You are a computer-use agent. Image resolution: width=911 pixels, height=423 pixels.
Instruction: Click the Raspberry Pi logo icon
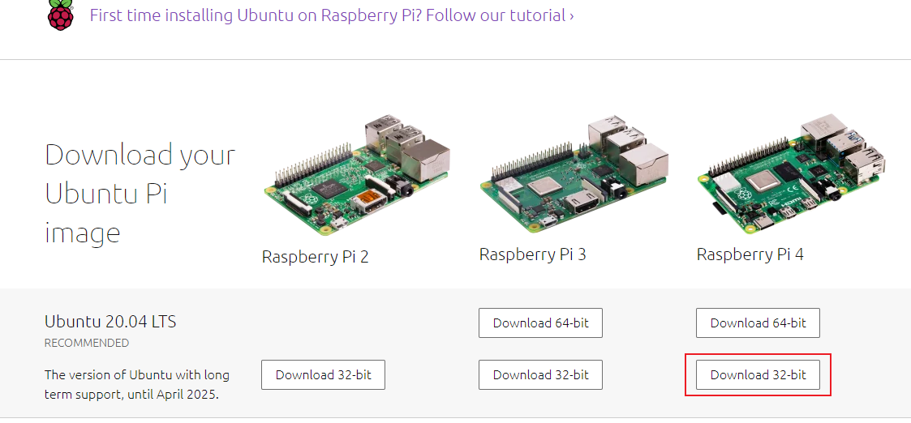(x=59, y=15)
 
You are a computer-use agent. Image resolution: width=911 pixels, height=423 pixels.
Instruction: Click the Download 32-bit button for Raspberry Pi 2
(x=323, y=374)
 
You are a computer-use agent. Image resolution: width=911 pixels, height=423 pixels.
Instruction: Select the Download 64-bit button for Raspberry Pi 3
(x=540, y=323)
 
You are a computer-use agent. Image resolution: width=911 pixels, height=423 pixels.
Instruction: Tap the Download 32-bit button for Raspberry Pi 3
(x=540, y=374)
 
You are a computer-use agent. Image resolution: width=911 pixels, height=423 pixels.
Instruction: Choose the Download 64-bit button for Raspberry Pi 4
(x=758, y=323)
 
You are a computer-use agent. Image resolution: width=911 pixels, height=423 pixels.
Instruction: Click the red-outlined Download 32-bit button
(x=758, y=374)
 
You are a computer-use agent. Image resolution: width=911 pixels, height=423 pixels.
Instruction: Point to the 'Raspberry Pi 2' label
(x=315, y=257)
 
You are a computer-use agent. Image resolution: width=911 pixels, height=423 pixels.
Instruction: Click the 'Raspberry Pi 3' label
(x=532, y=254)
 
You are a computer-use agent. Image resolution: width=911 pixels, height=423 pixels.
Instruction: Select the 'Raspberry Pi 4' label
(x=750, y=254)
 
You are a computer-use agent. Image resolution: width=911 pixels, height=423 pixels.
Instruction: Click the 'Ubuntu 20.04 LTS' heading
(x=110, y=322)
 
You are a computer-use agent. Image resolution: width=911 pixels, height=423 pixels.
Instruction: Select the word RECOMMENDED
(x=87, y=343)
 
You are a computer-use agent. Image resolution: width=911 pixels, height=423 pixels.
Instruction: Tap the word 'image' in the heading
(x=82, y=233)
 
